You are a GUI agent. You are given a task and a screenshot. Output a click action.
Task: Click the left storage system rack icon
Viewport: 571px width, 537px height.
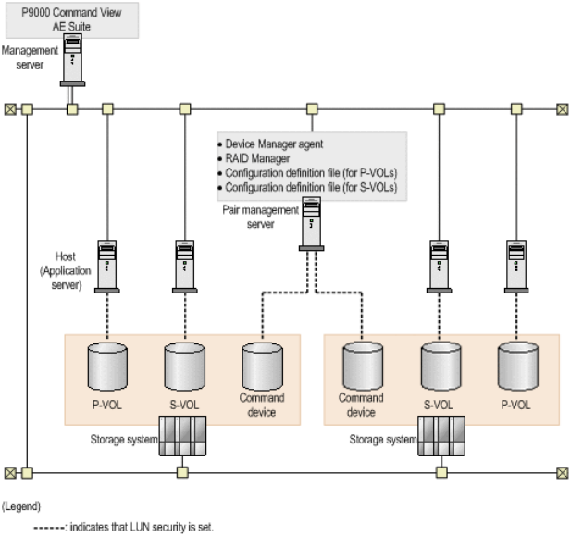(x=183, y=434)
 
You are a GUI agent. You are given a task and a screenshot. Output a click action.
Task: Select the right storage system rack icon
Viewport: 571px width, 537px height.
(x=441, y=434)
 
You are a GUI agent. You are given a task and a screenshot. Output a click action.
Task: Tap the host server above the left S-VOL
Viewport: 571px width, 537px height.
(x=183, y=263)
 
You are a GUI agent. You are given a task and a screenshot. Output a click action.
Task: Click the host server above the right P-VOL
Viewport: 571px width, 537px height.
(x=515, y=263)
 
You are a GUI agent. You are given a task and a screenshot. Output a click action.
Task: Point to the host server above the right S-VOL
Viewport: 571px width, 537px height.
(x=441, y=263)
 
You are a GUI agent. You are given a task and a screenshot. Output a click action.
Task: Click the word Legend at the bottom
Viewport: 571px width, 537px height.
(x=24, y=506)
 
